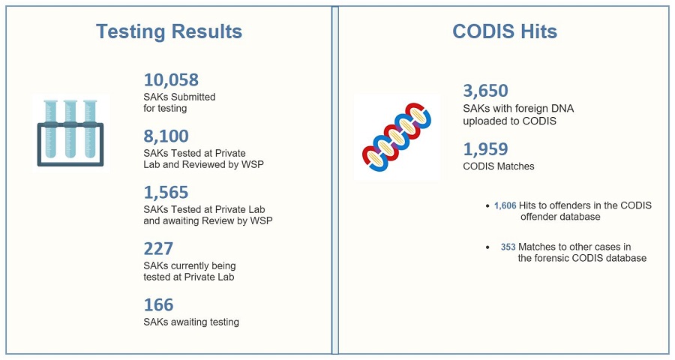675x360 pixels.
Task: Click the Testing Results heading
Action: point(169,31)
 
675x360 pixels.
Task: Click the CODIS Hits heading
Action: point(505,31)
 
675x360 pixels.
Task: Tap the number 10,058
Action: point(171,80)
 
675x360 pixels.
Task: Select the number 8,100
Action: point(166,136)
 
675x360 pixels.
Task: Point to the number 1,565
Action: point(166,193)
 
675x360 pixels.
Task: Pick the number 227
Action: point(158,248)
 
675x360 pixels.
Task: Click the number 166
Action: point(158,305)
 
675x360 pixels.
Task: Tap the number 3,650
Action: point(485,91)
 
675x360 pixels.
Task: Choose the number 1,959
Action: point(485,149)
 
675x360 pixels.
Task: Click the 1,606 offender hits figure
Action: point(505,205)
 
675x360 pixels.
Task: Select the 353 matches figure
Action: point(508,247)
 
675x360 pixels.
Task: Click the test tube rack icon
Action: point(70,133)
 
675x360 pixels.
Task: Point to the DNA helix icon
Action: point(397,137)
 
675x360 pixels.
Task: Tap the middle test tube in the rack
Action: point(70,129)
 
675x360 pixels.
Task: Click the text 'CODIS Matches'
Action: point(499,166)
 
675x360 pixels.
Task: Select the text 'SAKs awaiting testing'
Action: point(191,322)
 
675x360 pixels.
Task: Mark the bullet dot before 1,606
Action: point(487,206)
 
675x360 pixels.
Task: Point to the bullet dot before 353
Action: point(487,247)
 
